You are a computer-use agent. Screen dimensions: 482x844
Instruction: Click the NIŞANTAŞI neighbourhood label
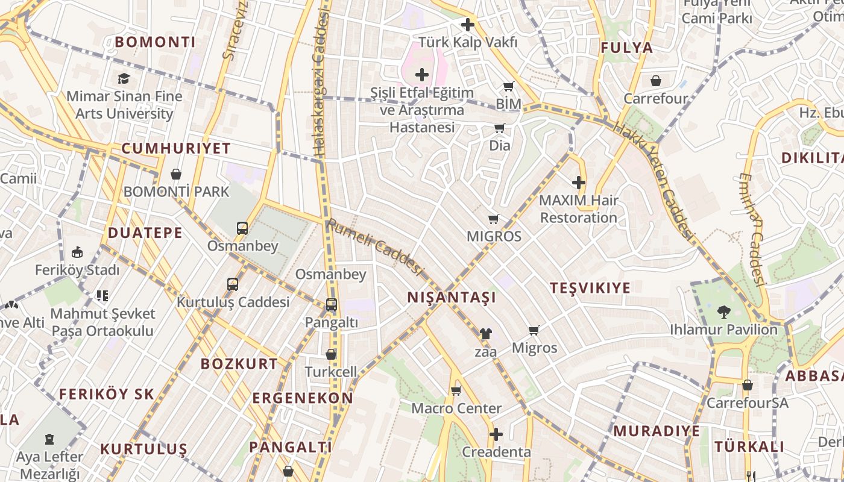point(452,297)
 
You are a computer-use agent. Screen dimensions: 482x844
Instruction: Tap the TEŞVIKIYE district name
point(590,287)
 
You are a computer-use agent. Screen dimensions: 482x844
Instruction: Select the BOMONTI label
point(155,42)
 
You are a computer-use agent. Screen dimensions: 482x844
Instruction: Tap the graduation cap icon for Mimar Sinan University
point(124,78)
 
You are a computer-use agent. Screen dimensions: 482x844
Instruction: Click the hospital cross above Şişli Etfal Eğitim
point(422,75)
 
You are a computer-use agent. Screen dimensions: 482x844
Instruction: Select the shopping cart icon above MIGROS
point(494,219)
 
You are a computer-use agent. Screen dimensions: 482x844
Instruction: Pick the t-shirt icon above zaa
point(485,333)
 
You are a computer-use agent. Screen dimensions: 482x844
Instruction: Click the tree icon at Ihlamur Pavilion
point(723,312)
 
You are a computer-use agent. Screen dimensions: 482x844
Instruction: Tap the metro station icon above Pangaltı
point(331,305)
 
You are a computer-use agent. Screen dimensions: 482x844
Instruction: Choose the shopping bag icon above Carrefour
point(655,81)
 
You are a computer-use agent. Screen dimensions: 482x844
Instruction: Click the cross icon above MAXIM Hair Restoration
point(578,182)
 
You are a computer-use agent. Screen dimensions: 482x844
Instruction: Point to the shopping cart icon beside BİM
point(508,87)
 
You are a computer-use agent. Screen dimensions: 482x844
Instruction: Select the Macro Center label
point(456,408)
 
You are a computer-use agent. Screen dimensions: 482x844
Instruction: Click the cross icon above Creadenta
point(496,434)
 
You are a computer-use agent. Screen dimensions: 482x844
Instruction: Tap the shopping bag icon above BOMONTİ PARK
point(176,174)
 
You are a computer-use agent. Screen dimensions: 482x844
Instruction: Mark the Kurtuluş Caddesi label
point(233,302)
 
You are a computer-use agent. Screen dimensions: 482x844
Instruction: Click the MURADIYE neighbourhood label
point(657,431)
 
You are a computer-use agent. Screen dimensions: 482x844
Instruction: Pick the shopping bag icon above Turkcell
point(331,354)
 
